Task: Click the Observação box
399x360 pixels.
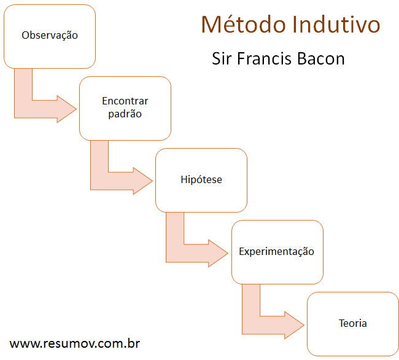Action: [50, 36]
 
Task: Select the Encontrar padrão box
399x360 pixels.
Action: [125, 108]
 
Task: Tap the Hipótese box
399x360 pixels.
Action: [201, 180]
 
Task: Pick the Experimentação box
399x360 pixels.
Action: [277, 252]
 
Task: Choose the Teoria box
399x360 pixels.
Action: [353, 324]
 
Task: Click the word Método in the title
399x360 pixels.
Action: [244, 25]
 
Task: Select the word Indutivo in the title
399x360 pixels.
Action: [336, 25]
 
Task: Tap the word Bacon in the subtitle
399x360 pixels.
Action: [321, 58]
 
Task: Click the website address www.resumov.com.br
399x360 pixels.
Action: [75, 343]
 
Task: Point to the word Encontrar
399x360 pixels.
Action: [125, 101]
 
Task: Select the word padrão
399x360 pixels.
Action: [125, 114]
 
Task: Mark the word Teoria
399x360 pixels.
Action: [353, 323]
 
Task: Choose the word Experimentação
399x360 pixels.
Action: [277, 252]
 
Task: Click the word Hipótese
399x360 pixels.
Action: [201, 180]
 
